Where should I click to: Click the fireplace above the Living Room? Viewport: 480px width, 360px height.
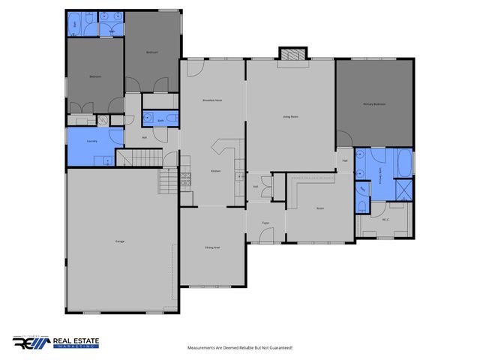click(293, 53)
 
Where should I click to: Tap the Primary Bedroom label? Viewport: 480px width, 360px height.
click(374, 104)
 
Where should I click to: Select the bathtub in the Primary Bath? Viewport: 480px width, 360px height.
click(403, 161)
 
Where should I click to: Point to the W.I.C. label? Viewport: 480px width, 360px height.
click(385, 220)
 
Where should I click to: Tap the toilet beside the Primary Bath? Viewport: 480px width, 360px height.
click(362, 204)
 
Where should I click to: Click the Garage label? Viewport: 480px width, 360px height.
click(119, 241)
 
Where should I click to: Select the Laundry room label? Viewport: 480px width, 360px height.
click(91, 140)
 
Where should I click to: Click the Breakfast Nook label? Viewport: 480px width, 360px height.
click(213, 100)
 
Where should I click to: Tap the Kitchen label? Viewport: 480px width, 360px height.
click(215, 172)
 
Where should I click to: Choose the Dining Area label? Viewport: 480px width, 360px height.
click(212, 247)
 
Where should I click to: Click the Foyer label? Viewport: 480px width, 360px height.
click(265, 223)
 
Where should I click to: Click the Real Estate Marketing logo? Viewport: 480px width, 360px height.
click(56, 342)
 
